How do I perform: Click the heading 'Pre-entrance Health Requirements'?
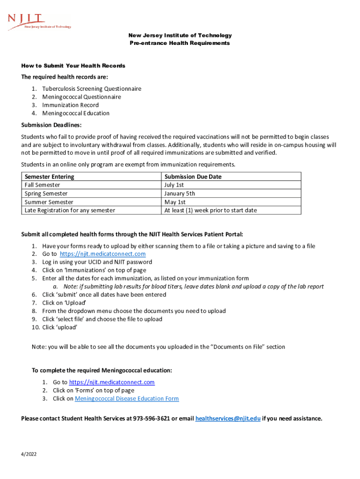click(x=180, y=43)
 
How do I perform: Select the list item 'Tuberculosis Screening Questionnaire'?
click(x=92, y=88)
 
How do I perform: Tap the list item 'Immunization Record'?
click(x=71, y=105)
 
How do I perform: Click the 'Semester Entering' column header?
click(x=49, y=177)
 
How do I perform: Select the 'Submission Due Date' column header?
click(x=193, y=177)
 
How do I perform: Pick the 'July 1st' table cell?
click(x=174, y=185)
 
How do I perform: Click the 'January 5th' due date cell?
click(x=180, y=193)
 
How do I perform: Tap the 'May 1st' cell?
click(x=175, y=202)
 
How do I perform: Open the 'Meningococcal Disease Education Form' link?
click(x=127, y=399)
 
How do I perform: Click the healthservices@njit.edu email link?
click(x=227, y=418)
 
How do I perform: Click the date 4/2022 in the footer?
click(x=29, y=454)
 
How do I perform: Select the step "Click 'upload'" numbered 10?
click(x=59, y=327)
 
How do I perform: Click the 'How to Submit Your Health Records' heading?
click(x=73, y=66)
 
